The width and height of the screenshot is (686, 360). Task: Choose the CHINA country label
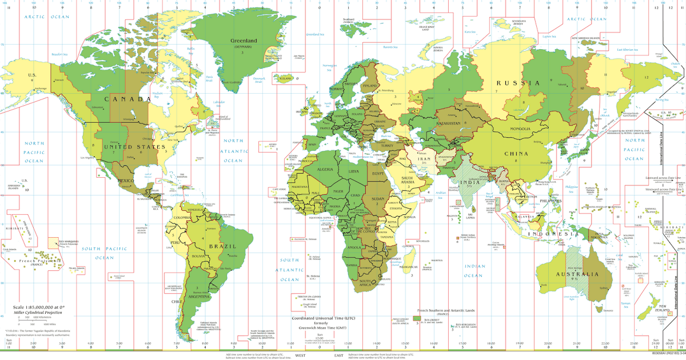point(516,153)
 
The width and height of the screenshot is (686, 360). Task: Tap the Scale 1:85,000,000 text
point(34,307)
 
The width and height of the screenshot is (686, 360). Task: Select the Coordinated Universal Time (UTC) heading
point(332,318)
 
